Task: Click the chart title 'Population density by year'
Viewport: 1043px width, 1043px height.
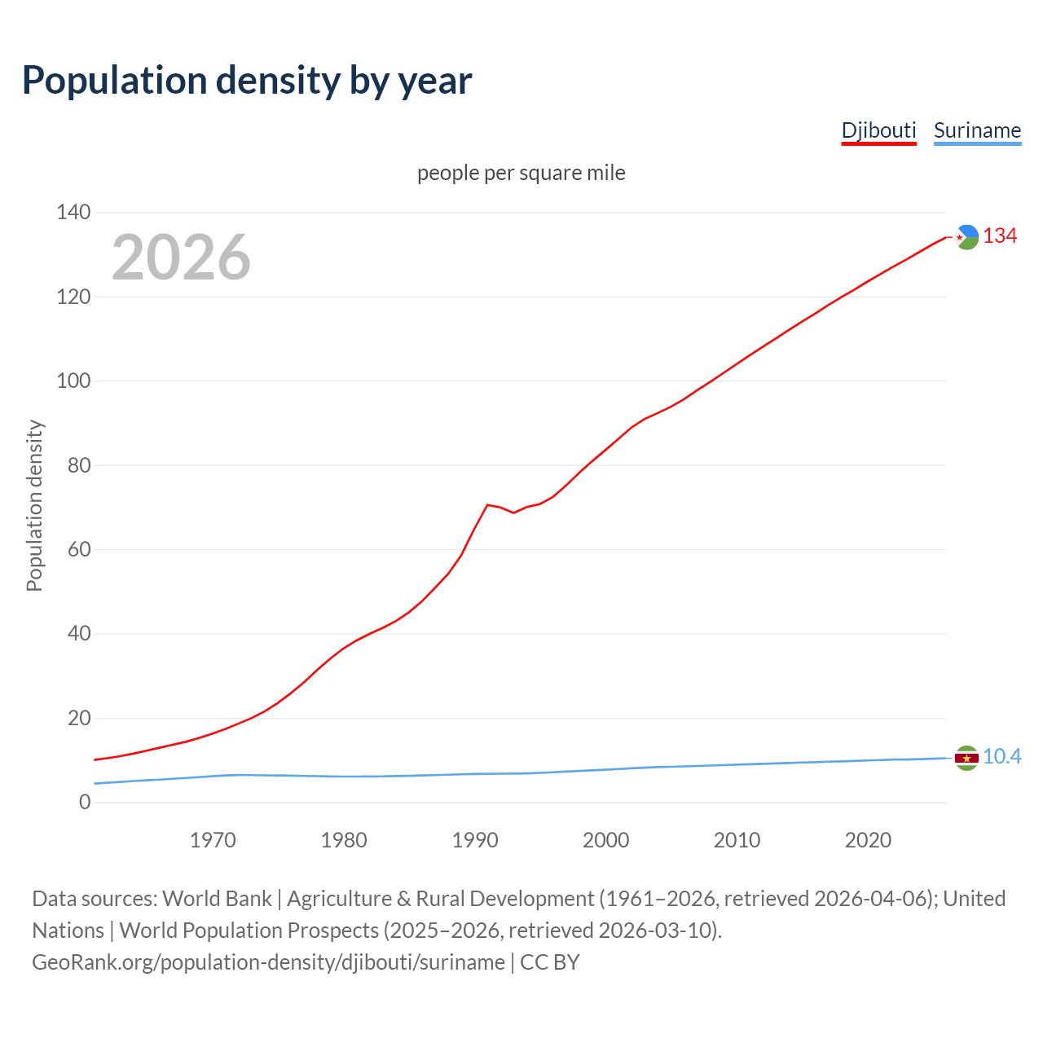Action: tap(247, 81)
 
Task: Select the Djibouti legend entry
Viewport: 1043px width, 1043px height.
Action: tap(878, 130)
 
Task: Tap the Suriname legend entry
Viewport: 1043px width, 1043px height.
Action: tap(977, 130)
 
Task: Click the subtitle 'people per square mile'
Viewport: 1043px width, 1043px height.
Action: tap(521, 173)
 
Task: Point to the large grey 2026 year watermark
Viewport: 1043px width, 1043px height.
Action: tap(181, 257)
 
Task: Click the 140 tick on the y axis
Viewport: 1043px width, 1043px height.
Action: tap(73, 213)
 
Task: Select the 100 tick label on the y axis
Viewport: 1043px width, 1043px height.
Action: tap(73, 381)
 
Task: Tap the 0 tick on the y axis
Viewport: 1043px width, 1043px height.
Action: tap(85, 803)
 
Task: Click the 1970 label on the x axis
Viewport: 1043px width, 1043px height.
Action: tap(213, 840)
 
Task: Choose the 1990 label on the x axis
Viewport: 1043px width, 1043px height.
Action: tap(475, 840)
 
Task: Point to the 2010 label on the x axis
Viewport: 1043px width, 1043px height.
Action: tap(737, 840)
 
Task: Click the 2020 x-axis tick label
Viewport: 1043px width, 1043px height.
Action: tap(868, 840)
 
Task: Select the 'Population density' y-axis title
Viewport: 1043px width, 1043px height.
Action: tap(34, 505)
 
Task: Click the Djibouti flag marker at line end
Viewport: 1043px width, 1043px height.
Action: tap(966, 237)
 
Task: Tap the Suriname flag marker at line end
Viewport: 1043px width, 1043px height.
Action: tap(966, 758)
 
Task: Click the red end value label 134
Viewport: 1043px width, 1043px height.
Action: tap(1000, 236)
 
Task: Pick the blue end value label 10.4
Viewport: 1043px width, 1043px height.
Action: tap(1001, 757)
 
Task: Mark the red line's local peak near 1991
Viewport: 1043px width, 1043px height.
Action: tap(487, 505)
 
